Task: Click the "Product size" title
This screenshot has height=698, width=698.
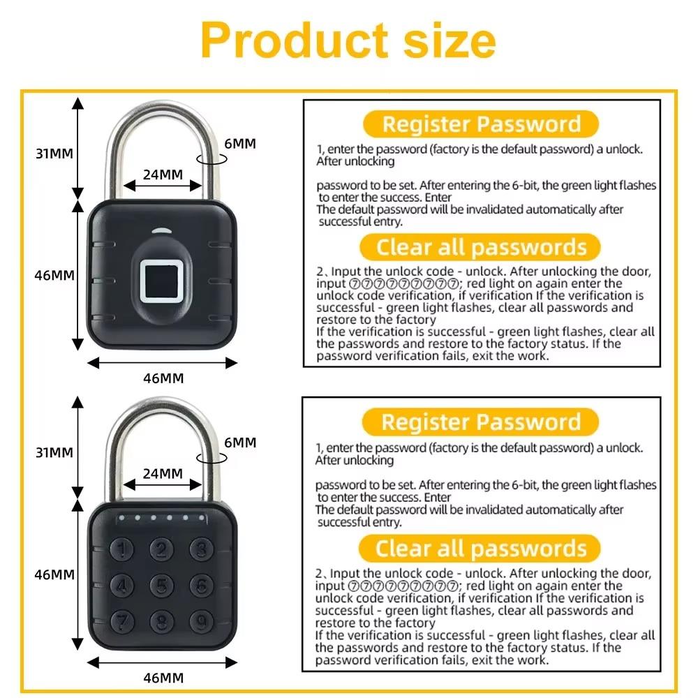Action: [348, 40]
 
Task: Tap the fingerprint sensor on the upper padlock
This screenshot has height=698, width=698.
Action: [162, 279]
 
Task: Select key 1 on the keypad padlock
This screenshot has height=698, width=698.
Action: [124, 550]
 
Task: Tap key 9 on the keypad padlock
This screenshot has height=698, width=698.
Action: [201, 618]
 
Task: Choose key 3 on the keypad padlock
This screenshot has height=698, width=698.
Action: [201, 550]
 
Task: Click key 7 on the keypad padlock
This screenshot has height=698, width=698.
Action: [124, 618]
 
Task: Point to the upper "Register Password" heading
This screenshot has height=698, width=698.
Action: [481, 124]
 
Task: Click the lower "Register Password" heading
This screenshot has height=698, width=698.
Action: [481, 422]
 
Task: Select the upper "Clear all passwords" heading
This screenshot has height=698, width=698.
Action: [481, 247]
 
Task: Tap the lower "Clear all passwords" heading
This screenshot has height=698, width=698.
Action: [481, 548]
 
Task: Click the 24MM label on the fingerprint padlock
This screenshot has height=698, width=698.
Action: [162, 174]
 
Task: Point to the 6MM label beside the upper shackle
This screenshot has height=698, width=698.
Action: [239, 144]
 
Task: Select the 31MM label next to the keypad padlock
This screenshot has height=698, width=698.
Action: [54, 452]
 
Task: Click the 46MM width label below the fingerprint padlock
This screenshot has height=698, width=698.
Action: [163, 378]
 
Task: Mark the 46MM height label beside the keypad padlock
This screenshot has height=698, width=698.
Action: [54, 575]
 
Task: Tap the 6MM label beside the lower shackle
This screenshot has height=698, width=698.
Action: [239, 443]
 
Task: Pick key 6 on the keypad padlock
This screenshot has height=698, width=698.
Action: [201, 584]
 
